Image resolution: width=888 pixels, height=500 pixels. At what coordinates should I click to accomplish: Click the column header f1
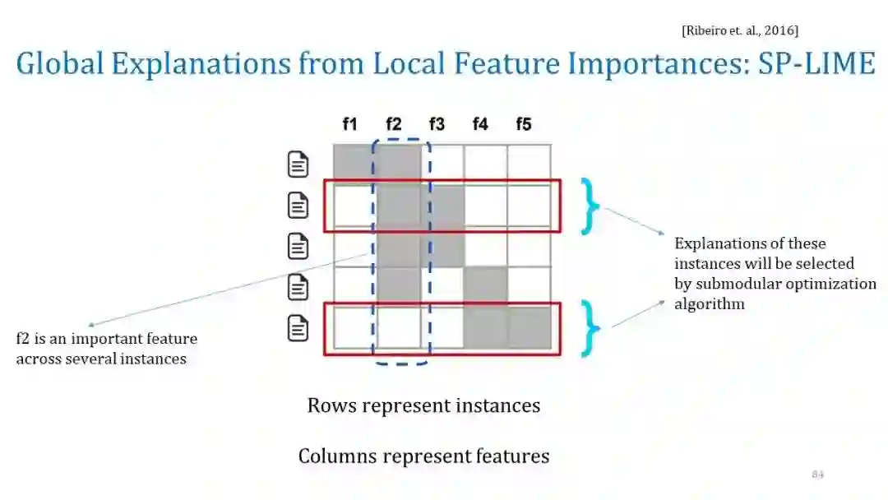349,124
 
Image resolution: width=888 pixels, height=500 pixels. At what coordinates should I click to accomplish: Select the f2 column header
393,124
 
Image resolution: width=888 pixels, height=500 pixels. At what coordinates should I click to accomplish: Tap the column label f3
437,124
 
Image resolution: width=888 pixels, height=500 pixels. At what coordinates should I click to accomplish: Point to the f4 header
480,124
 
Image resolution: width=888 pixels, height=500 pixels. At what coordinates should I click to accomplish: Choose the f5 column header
524,124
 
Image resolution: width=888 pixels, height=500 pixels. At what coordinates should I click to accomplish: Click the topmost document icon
298,164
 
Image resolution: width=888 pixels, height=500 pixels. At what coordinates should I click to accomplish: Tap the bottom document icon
298,328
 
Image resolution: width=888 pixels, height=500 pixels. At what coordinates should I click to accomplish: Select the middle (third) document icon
298,246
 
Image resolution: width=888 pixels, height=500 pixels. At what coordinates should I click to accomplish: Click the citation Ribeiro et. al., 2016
740,30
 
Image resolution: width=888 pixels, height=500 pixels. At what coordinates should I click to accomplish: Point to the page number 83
817,475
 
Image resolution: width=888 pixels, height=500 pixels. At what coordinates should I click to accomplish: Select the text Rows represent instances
423,405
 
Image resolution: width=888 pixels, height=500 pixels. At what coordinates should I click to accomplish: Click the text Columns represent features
423,456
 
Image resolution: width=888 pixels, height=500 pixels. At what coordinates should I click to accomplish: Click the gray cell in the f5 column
529,327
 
